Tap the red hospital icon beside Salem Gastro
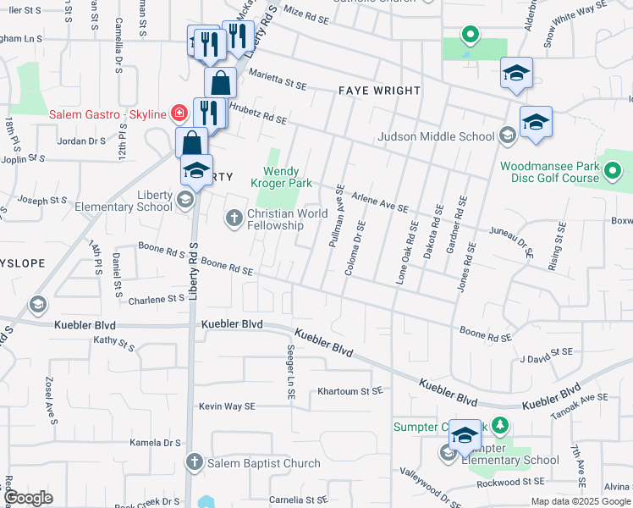[x=179, y=113]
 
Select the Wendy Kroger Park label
[x=282, y=177]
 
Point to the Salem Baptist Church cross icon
[x=195, y=463]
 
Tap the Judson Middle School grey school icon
[x=507, y=135]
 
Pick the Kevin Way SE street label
[x=227, y=406]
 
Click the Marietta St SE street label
[x=277, y=84]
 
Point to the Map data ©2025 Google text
[x=580, y=501]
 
